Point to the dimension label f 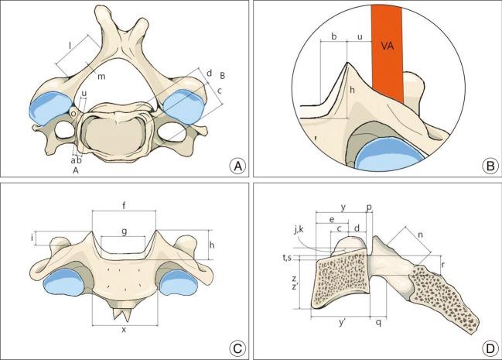pos(125,205)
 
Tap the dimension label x pos(125,330)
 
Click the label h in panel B pos(352,91)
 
